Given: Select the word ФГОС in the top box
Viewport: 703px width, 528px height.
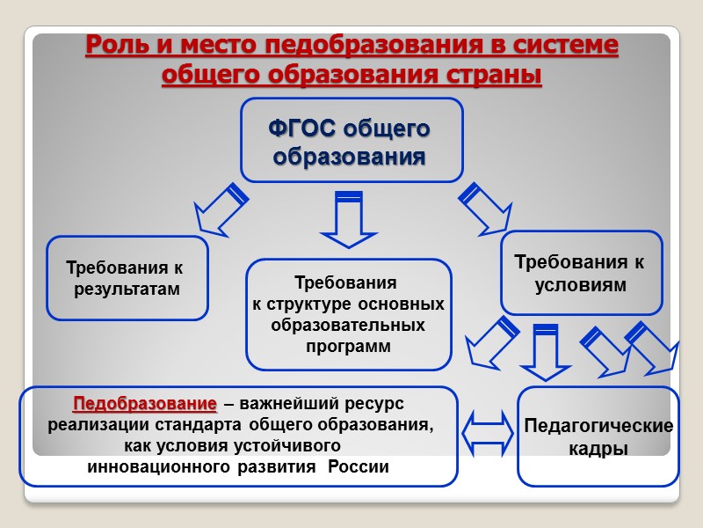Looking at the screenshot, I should click(x=301, y=129).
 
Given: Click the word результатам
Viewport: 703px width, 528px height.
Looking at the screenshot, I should click(x=127, y=289).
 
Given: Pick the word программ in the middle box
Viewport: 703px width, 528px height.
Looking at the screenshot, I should click(x=348, y=347).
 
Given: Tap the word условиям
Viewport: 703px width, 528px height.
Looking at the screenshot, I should click(x=582, y=285).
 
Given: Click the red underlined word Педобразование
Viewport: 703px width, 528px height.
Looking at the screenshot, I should click(x=145, y=405).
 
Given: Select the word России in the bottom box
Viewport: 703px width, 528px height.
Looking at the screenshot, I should click(x=358, y=466).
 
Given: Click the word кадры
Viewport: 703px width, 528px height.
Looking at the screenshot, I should click(x=598, y=449).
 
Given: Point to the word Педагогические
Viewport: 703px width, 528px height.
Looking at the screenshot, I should click(x=598, y=427).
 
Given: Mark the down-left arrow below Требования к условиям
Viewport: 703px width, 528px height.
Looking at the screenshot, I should click(x=489, y=343).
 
